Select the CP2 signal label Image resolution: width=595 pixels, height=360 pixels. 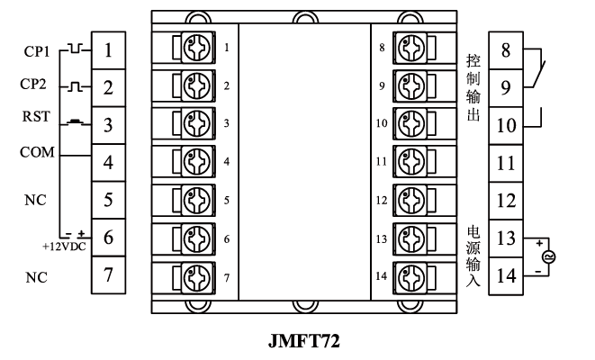37,87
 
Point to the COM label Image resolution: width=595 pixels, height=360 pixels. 37,153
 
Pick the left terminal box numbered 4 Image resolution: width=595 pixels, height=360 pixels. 109,164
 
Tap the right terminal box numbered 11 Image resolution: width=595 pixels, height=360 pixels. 506,164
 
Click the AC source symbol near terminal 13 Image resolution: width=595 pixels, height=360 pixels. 549,256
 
